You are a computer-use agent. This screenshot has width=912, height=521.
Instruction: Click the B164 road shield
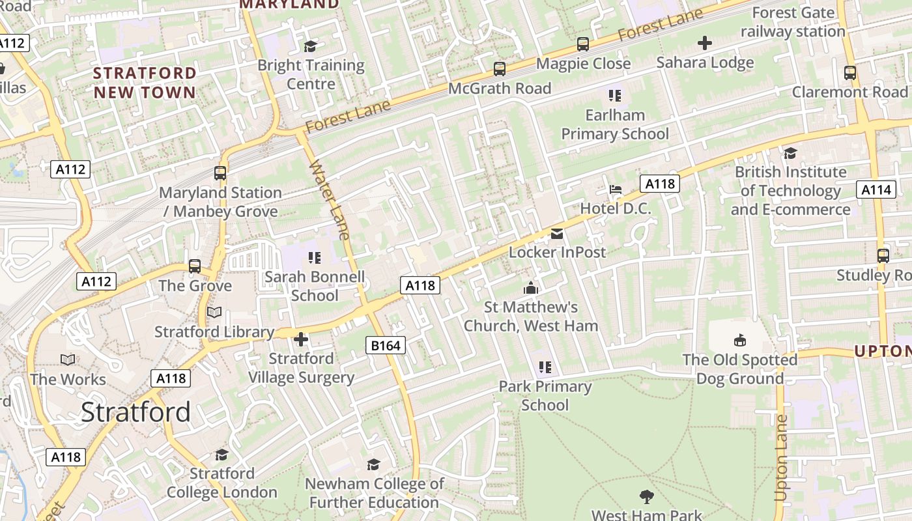point(385,345)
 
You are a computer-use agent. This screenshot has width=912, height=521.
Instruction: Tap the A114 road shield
point(875,190)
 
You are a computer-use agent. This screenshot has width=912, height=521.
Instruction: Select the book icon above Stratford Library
point(214,313)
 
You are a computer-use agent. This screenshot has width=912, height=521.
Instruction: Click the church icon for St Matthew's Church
point(531,288)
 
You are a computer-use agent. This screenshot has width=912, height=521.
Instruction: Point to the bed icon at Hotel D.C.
point(615,190)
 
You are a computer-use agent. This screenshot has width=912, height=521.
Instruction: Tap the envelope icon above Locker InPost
point(557,233)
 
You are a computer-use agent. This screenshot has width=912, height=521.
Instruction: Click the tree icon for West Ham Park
point(646,497)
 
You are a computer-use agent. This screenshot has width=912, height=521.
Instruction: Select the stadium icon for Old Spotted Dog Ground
point(740,341)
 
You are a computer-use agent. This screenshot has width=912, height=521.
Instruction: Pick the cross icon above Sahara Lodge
point(705,44)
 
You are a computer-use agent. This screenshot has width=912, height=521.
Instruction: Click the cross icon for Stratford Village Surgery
point(301,339)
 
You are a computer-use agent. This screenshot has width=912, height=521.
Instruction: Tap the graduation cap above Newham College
point(373,464)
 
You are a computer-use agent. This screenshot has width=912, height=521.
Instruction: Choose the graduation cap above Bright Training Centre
point(311,46)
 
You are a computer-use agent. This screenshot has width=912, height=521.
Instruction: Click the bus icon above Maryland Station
point(220,173)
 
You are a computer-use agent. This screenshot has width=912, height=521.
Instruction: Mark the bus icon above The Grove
point(195,266)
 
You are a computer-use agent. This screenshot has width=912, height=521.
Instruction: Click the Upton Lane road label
point(781,458)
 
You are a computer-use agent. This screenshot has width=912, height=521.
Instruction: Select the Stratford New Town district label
point(145,83)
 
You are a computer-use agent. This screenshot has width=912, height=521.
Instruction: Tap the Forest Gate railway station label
point(793,22)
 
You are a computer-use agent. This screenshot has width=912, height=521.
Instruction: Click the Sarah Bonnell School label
point(315,286)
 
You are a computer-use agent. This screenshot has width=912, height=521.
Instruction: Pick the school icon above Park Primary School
point(545,367)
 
